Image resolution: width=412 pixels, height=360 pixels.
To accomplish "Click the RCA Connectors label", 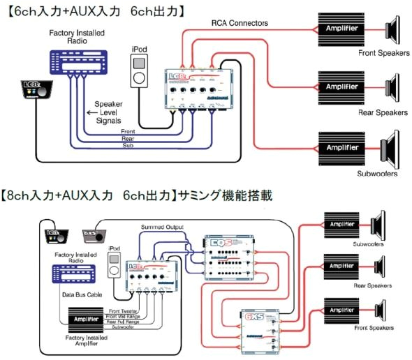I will [240, 22].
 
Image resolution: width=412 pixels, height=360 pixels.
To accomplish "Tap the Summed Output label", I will [162, 227].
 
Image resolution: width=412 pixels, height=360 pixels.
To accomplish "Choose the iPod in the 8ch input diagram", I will [115, 267].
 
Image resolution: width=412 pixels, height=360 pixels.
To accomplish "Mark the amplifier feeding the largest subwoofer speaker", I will [343, 148].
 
